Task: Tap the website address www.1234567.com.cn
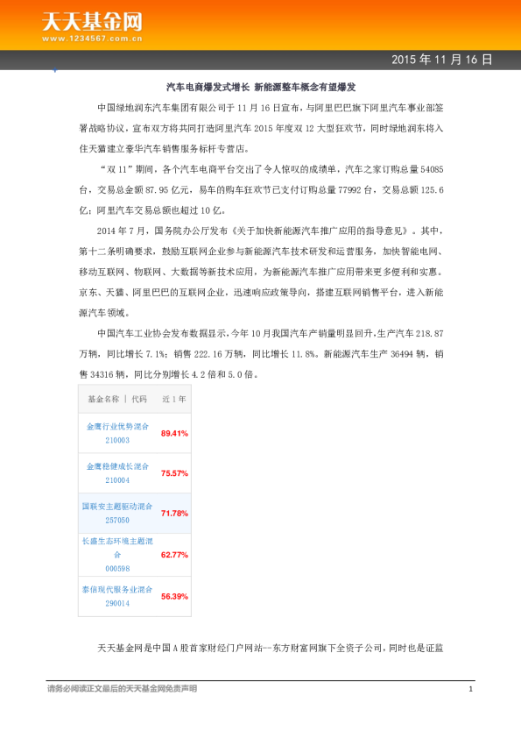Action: pyautogui.click(x=93, y=39)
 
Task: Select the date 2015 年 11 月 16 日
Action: pyautogui.click(x=441, y=60)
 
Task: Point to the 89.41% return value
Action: pyautogui.click(x=174, y=433)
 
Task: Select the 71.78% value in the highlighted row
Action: pyautogui.click(x=174, y=514)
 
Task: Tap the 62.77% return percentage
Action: pyautogui.click(x=174, y=555)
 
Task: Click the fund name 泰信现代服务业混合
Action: pyautogui.click(x=117, y=590)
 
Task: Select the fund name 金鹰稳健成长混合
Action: pyautogui.click(x=117, y=467)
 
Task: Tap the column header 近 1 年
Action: pyautogui.click(x=174, y=399)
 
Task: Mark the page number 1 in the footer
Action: pyautogui.click(x=470, y=689)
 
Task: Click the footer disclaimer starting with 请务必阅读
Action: pyautogui.click(x=122, y=689)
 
